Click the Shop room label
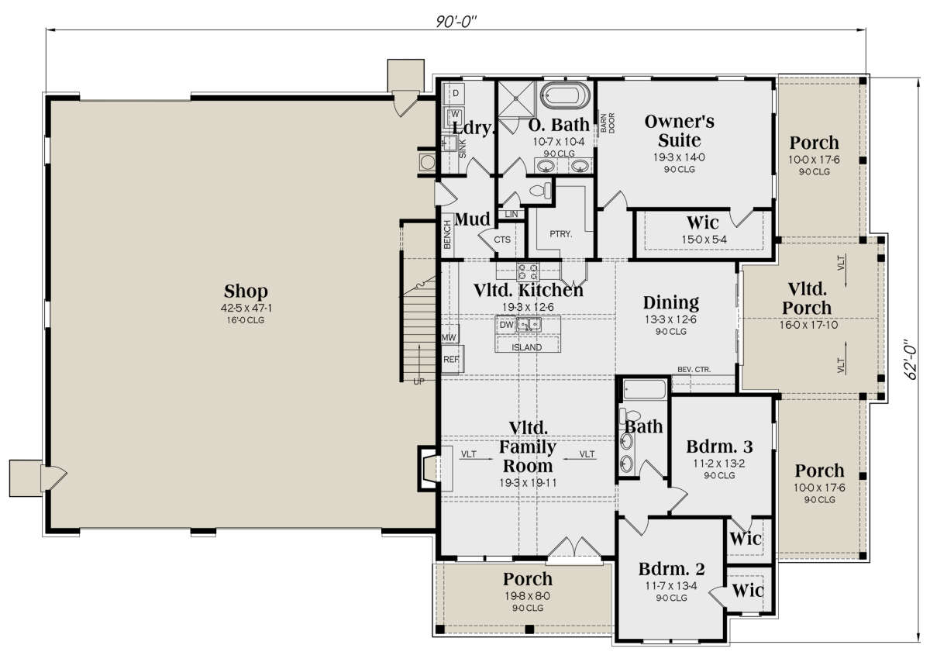tap(246, 291)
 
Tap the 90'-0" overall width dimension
tap(456, 22)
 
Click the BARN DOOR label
tap(607, 123)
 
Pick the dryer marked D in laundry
tap(456, 93)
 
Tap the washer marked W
tap(456, 114)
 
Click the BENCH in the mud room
tap(447, 235)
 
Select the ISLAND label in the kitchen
tap(526, 347)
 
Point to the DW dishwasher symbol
tap(506, 325)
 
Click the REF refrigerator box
tap(452, 360)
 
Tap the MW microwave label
tap(449, 338)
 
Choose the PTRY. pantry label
tap(560, 234)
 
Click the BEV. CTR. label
tap(694, 369)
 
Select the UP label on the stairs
tap(418, 381)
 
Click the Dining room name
tap(671, 303)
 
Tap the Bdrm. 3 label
tap(719, 447)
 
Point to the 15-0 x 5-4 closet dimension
tap(704, 240)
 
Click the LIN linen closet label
tap(511, 214)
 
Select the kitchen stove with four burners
tap(528, 271)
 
